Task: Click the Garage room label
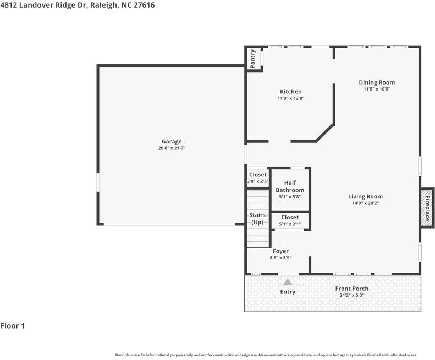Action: [x=171, y=141]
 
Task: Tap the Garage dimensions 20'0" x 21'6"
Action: [x=171, y=148]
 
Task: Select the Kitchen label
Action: [x=290, y=92]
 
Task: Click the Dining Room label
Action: [x=377, y=82]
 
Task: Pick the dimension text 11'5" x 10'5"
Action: [x=377, y=89]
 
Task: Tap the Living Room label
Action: [x=365, y=196]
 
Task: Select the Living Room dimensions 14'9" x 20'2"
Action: [x=365, y=203]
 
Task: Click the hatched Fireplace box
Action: [x=427, y=207]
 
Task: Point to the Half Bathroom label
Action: [x=290, y=186]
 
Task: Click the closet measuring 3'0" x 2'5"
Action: [x=257, y=178]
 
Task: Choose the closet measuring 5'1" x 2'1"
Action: [x=290, y=220]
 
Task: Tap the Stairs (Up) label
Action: [x=257, y=218]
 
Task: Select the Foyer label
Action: [x=280, y=251]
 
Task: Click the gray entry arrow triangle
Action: [x=288, y=281]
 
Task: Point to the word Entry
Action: [x=288, y=292]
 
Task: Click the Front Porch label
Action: [x=352, y=289]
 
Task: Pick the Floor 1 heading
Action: [x=13, y=326]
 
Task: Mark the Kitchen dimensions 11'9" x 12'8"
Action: [x=290, y=98]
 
